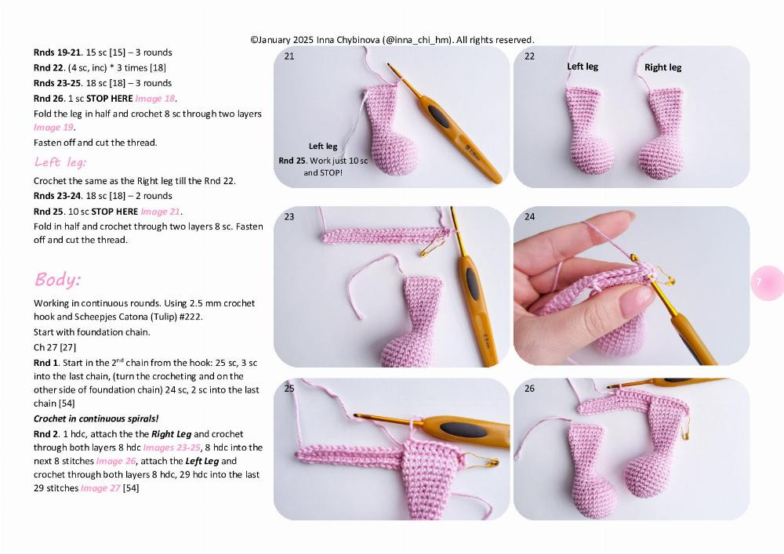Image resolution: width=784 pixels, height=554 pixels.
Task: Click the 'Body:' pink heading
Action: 57,280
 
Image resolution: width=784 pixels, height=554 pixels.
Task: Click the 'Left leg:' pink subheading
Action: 60,162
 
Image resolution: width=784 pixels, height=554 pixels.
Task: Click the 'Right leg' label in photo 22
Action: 662,67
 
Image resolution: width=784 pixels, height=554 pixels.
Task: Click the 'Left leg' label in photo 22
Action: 583,67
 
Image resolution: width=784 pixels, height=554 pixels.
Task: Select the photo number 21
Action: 289,56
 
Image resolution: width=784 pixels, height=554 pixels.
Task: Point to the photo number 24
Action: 530,217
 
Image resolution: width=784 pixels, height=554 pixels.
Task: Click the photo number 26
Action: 530,389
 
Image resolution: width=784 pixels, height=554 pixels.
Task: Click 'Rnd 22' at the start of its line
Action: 48,67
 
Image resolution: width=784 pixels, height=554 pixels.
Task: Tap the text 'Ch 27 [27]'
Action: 55,347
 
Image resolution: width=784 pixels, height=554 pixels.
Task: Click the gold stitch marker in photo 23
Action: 430,248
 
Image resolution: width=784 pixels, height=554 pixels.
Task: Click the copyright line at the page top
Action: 392,39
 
